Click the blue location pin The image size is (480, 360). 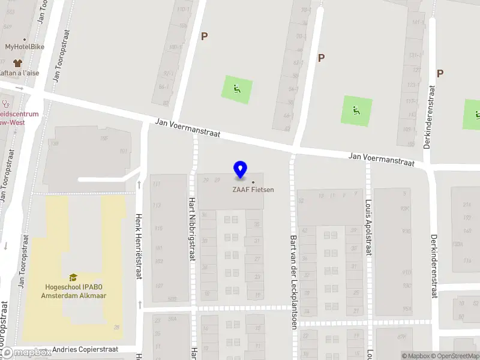tap(240, 170)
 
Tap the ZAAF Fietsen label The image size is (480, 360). tap(253, 190)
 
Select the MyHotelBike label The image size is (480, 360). tap(22, 46)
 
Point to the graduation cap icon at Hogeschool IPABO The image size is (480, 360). tap(73, 277)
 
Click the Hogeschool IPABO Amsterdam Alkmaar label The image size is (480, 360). tap(73, 291)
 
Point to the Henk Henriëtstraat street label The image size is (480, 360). tap(139, 247)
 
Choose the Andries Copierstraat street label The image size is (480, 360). tap(86, 349)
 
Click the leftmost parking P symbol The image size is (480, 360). tap(204, 36)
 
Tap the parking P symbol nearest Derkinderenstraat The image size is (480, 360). tap(440, 73)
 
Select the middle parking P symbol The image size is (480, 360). tap(321, 58)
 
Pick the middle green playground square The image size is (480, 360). tap(357, 110)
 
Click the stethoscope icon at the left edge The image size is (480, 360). tap(5, 103)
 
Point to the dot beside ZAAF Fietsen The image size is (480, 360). tap(253, 182)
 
